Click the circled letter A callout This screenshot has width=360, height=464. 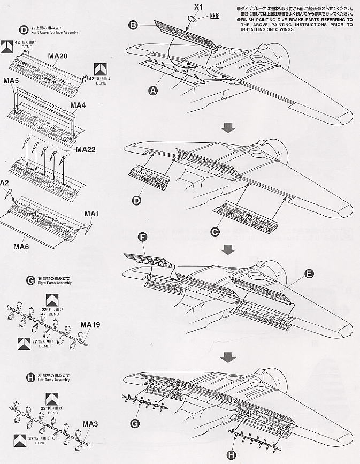coord(153,91)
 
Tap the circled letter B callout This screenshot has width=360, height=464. coord(133,24)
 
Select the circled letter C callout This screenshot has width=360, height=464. coord(215,231)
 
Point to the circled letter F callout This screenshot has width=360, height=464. coord(142,237)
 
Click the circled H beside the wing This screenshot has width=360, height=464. coord(231,455)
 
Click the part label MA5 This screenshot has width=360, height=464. coord(12,81)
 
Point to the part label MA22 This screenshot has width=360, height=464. coord(86,149)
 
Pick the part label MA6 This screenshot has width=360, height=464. coord(24,246)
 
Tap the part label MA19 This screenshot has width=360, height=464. coord(90,324)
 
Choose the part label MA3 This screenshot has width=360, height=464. coord(89,424)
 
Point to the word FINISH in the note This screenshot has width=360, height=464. coord(250,19)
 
